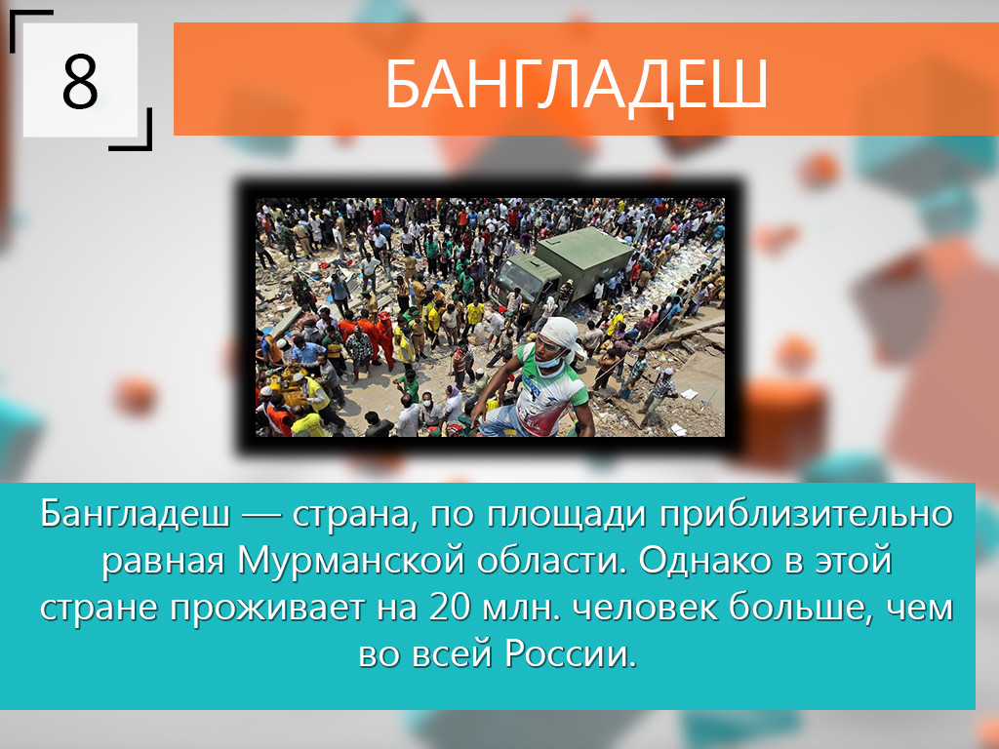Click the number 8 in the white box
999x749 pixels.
click(80, 81)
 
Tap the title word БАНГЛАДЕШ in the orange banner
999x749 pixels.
click(576, 85)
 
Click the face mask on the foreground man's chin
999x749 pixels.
click(549, 361)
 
